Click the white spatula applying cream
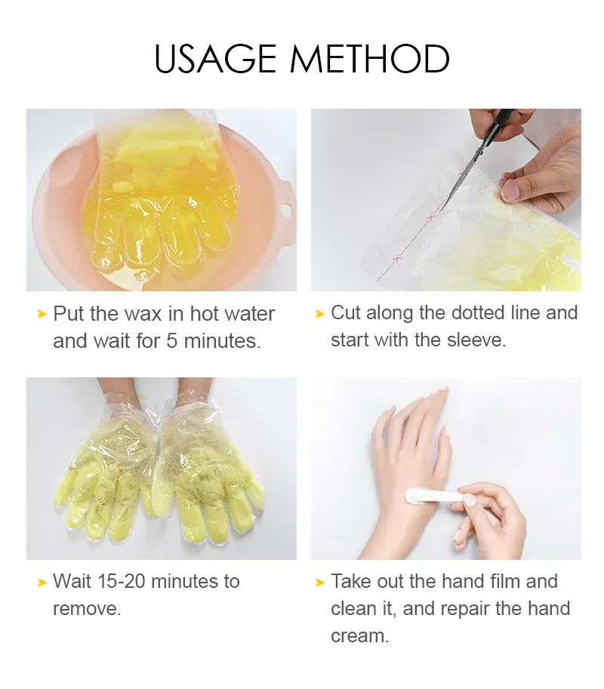[434, 497]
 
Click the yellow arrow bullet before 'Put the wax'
[42, 314]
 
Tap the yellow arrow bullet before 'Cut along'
[319, 314]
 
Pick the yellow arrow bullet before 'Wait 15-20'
[42, 583]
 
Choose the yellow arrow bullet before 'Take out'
[319, 583]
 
